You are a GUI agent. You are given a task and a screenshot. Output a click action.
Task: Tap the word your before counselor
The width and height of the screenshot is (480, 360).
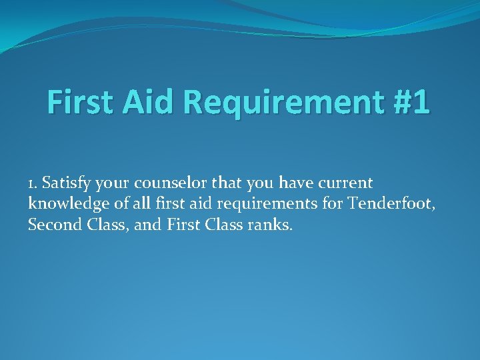click(x=117, y=183)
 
